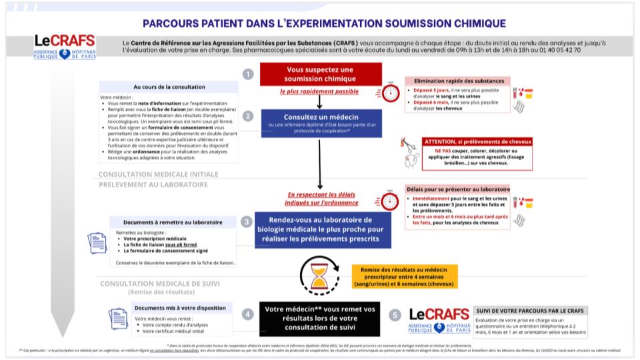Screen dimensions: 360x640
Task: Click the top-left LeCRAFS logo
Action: pyautogui.click(x=65, y=47)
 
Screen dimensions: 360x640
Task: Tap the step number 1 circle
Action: pyautogui.click(x=247, y=74)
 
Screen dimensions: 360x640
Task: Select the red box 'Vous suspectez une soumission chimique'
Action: pyautogui.click(x=321, y=74)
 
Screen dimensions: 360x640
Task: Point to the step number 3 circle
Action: pyautogui.click(x=247, y=222)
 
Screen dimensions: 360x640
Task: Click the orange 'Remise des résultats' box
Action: pyautogui.click(x=405, y=274)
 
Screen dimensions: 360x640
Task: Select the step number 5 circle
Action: pyautogui.click(x=395, y=314)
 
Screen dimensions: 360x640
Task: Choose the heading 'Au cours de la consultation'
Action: pyautogui.click(x=169, y=87)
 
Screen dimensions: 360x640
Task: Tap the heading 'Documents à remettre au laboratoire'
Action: pyautogui.click(x=173, y=222)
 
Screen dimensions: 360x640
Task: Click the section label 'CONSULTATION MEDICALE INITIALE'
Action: pyautogui.click(x=158, y=174)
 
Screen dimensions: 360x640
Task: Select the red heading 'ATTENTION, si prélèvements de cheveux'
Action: pyautogui.click(x=477, y=141)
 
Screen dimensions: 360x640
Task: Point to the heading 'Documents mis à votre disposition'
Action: pyautogui.click(x=179, y=308)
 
